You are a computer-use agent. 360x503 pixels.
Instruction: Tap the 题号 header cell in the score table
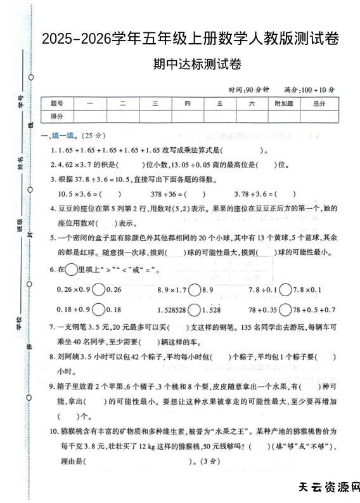point(57,103)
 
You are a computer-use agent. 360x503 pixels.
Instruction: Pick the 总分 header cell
point(319,103)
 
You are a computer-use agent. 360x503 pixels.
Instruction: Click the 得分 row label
point(57,115)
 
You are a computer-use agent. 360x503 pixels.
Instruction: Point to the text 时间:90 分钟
point(250,89)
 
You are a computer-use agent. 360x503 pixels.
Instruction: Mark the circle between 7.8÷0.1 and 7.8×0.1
point(285,289)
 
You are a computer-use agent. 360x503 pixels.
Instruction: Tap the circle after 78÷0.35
point(285,310)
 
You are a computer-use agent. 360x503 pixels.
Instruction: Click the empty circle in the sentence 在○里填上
point(71,270)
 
